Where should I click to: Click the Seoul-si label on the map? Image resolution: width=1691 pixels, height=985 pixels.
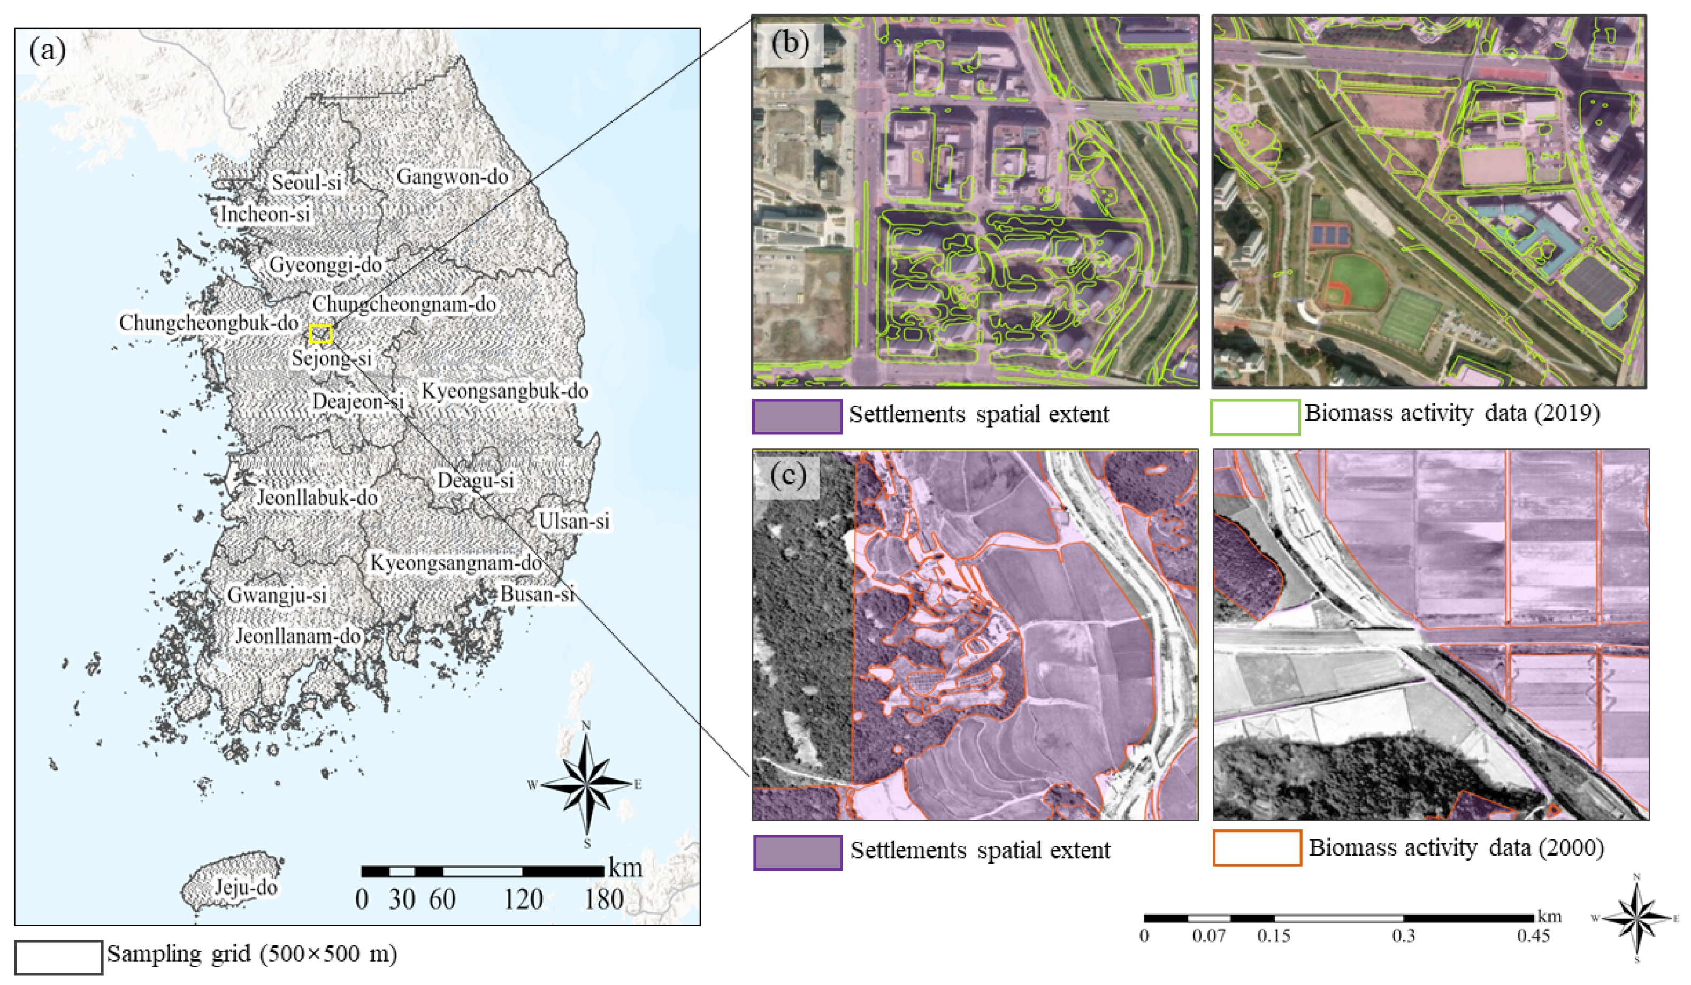(307, 182)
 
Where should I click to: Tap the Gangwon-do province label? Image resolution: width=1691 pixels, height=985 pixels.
(452, 177)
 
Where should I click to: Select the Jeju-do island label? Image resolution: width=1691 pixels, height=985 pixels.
(246, 887)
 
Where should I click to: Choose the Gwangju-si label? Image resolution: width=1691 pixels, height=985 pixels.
(277, 594)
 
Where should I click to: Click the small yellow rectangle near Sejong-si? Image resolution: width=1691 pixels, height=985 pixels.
(321, 333)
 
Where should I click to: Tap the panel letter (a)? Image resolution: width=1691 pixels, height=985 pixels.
(48, 50)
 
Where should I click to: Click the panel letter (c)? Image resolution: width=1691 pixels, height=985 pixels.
(787, 476)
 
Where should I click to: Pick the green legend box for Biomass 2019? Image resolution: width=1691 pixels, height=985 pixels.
(1255, 417)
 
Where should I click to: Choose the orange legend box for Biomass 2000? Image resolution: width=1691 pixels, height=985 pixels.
(1257, 848)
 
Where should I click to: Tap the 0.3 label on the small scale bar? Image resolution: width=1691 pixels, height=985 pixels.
(1403, 936)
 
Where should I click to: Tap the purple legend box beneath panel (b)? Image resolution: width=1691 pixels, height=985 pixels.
(797, 417)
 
